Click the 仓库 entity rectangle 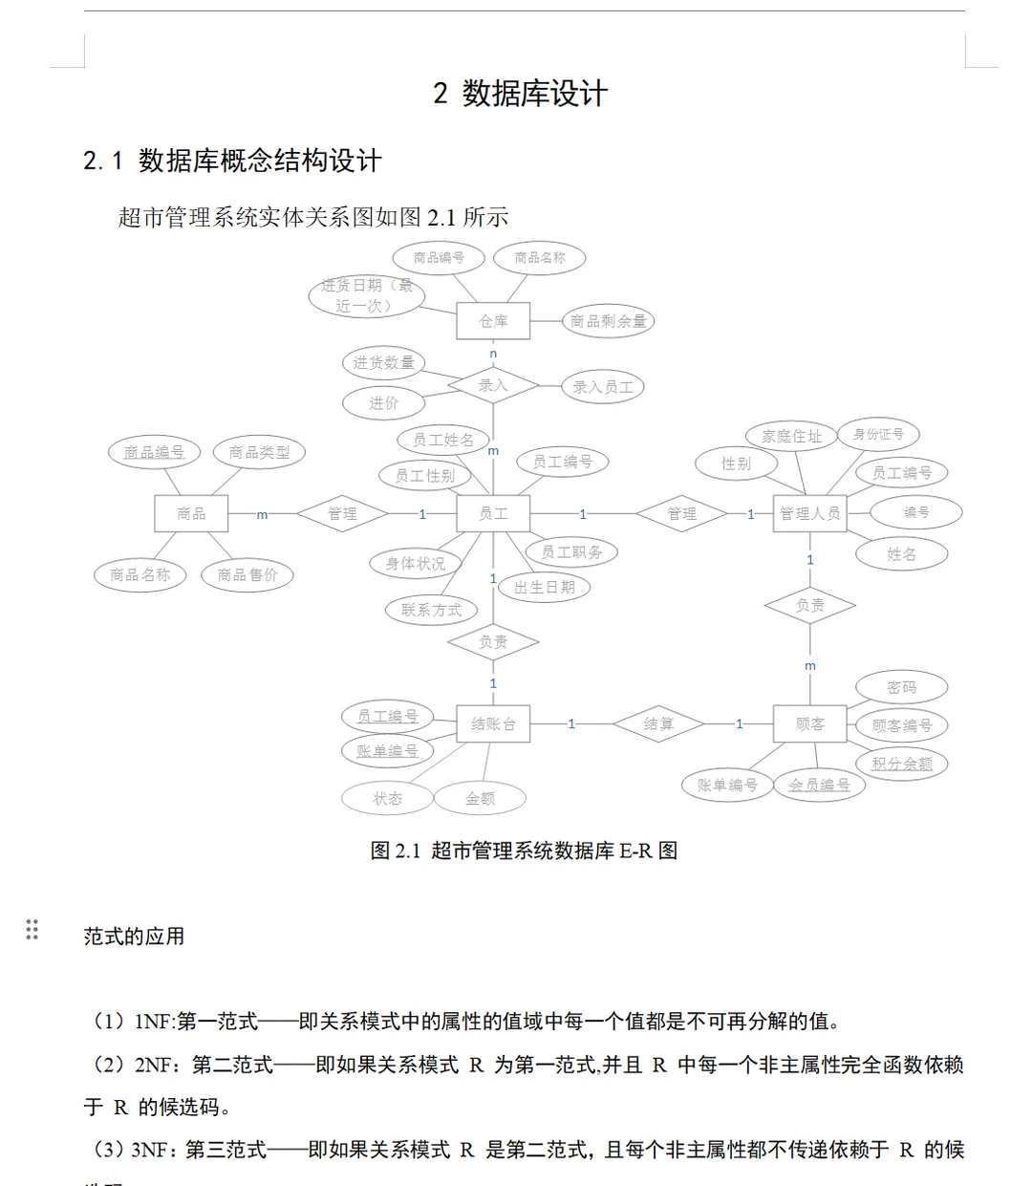(x=493, y=321)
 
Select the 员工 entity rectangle (x=493, y=513)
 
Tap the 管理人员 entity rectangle (x=809, y=513)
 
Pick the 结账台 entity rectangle (x=493, y=724)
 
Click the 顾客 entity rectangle (x=809, y=724)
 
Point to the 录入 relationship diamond (x=493, y=386)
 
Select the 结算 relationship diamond (x=658, y=724)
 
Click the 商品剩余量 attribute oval (x=608, y=321)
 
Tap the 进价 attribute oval (x=384, y=403)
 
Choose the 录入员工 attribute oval (x=603, y=387)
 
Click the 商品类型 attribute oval (x=259, y=452)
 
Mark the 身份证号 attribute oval (x=878, y=434)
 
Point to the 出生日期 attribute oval (x=545, y=587)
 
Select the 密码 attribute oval (x=901, y=687)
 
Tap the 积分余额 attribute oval (x=901, y=764)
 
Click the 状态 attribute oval (x=388, y=798)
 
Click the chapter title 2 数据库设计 (x=520, y=94)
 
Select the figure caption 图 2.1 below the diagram (x=524, y=851)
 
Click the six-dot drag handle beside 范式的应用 (x=32, y=929)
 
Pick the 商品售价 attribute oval (x=247, y=574)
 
